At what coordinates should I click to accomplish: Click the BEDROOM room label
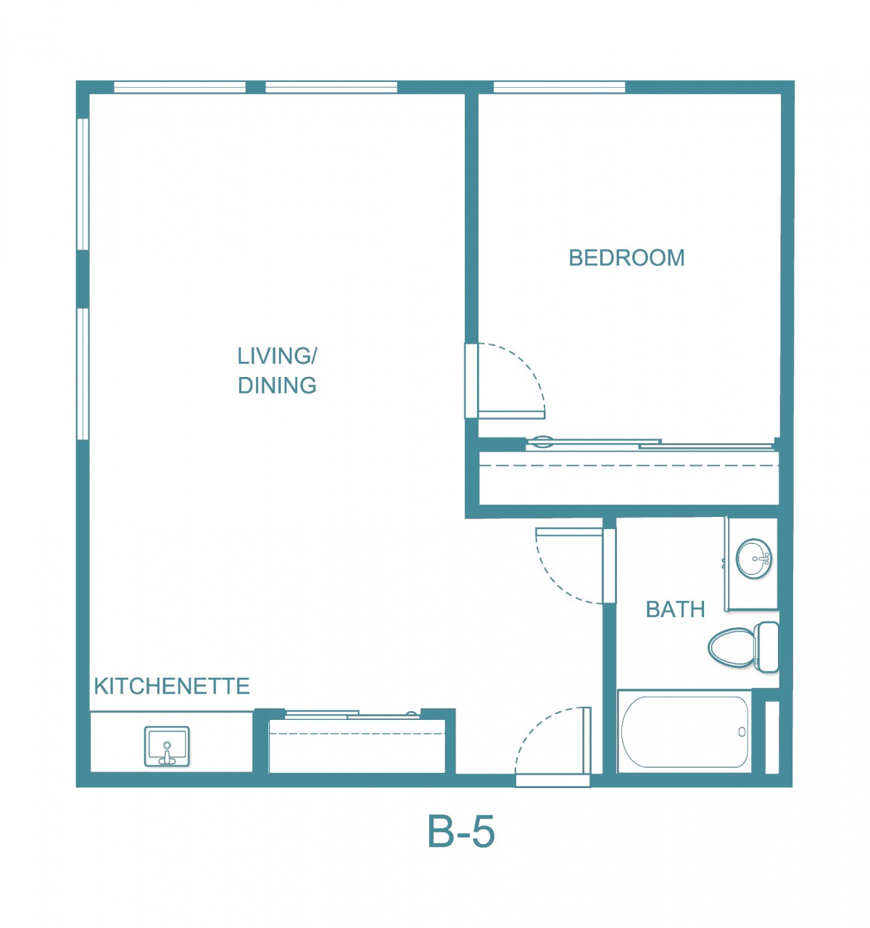[626, 258]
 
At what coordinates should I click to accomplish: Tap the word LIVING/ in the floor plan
[277, 356]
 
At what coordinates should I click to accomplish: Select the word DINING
[277, 386]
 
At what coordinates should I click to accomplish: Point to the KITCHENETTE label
[172, 687]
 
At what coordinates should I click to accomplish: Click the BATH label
[675, 609]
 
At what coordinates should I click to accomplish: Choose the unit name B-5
[461, 832]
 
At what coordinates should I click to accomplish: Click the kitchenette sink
[167, 746]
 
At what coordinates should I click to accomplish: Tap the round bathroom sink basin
[753, 558]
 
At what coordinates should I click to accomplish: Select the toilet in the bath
[743, 647]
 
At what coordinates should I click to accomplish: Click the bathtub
[684, 732]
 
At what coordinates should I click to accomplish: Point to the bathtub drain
[742, 732]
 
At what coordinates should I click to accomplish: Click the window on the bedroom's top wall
[559, 88]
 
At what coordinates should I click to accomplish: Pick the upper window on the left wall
[83, 184]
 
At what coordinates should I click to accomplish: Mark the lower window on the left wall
[83, 374]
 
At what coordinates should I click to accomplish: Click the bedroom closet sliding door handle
[542, 441]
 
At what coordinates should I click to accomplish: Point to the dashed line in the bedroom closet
[629, 465]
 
